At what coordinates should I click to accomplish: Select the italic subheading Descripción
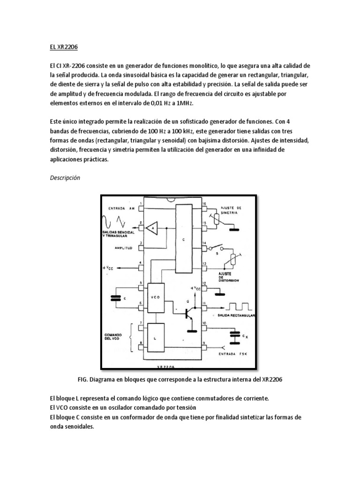(x=65, y=178)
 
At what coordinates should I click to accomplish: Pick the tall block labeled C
(x=184, y=239)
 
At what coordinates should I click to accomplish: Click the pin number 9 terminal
(x=204, y=347)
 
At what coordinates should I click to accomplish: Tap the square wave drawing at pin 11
(x=240, y=307)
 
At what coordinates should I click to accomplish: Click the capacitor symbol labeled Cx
(x=234, y=335)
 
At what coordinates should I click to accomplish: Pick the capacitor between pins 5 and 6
(x=115, y=298)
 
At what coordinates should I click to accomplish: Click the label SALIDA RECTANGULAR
(x=236, y=316)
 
